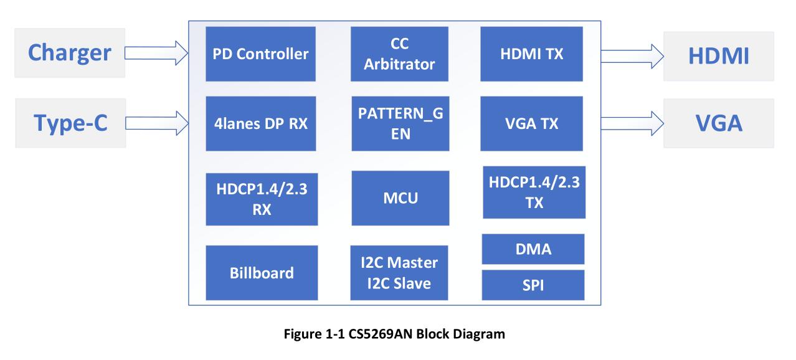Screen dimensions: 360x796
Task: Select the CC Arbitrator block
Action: pyautogui.click(x=399, y=54)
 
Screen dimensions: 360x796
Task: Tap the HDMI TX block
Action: pyautogui.click(x=532, y=54)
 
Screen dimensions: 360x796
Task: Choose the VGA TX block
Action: pyautogui.click(x=532, y=123)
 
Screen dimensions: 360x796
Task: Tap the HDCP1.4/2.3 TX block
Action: pyautogui.click(x=534, y=192)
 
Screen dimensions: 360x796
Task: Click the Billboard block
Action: pyautogui.click(x=262, y=273)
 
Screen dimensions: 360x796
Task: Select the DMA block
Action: pyautogui.click(x=533, y=249)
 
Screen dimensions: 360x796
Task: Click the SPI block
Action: pyautogui.click(x=533, y=285)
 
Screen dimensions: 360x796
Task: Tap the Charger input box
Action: pyautogui.click(x=70, y=53)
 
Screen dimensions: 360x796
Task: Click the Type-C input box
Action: pyautogui.click(x=70, y=123)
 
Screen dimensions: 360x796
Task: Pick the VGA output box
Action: pyautogui.click(x=718, y=123)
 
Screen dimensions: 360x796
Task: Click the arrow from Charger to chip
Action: pyautogui.click(x=156, y=53)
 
